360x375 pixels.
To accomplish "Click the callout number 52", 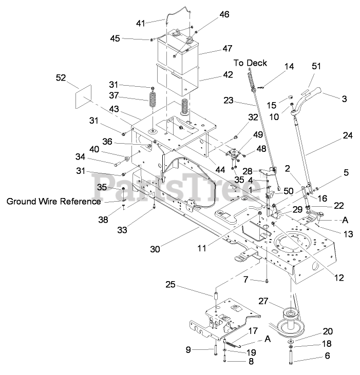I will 61,77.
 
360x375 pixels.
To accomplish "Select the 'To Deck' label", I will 251,63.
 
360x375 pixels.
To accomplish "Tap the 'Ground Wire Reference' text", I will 53,201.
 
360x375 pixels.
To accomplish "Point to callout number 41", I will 140,23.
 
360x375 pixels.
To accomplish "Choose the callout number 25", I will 170,284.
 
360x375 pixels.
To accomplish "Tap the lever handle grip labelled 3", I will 313,93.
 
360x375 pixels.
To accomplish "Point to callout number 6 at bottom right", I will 327,356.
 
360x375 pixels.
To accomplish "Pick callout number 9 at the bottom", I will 189,350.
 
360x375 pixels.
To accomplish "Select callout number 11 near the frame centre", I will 201,248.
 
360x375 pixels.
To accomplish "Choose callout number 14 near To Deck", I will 289,66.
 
